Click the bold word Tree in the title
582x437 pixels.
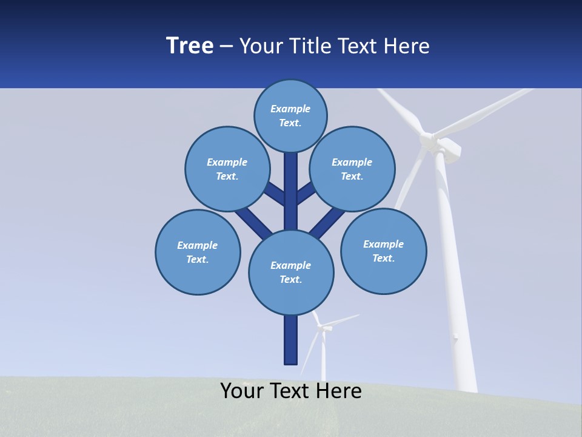(x=190, y=46)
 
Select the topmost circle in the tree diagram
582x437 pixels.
(x=290, y=115)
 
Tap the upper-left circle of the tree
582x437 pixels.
(x=227, y=169)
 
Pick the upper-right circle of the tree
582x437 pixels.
(x=352, y=169)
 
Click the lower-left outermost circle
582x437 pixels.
(x=198, y=252)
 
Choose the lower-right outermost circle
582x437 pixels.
(x=383, y=251)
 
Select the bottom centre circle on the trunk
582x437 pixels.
(x=291, y=273)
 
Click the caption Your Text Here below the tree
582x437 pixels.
(x=291, y=391)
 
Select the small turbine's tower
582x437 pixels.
(x=323, y=358)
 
